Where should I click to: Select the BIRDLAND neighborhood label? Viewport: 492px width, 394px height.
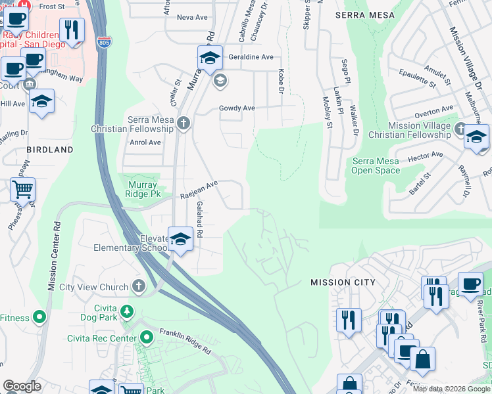click(x=50, y=150)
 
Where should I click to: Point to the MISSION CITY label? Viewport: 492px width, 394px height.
click(x=343, y=282)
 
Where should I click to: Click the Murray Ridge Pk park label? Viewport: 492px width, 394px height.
click(x=143, y=190)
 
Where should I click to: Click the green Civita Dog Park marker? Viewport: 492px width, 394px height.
click(x=127, y=311)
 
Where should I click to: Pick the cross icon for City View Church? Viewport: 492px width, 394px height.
click(x=138, y=286)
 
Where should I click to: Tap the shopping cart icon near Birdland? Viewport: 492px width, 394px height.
click(x=22, y=190)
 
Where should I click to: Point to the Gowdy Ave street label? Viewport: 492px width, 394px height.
click(x=237, y=108)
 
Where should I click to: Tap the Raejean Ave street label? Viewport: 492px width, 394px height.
click(x=199, y=190)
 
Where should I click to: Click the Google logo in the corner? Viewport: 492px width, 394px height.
click(x=22, y=386)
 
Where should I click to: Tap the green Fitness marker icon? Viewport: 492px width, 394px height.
click(x=40, y=318)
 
